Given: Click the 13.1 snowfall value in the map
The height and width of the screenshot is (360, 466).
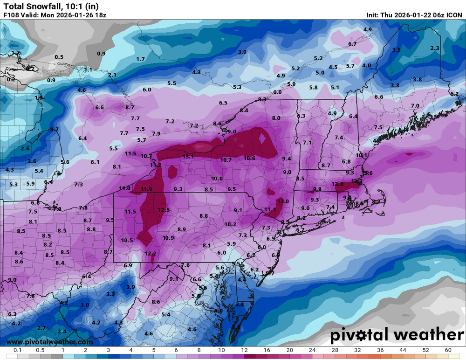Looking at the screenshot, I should click(188, 157).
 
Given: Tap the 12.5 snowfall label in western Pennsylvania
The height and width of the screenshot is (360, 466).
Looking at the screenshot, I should click(164, 210).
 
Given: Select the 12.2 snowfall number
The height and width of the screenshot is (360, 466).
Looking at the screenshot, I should click(150, 253).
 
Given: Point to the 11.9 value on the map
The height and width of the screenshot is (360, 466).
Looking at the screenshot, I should click(146, 189).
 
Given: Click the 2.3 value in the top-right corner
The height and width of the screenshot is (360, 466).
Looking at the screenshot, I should click(435, 48).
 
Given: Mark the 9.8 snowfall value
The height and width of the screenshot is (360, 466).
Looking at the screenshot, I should click(317, 189).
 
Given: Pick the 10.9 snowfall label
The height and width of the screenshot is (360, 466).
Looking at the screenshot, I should click(168, 237).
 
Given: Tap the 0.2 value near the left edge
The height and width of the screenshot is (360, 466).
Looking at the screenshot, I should click(11, 79).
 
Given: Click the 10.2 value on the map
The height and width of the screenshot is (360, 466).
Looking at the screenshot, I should click(230, 224).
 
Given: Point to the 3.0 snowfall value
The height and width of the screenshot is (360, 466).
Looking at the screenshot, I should click(85, 305).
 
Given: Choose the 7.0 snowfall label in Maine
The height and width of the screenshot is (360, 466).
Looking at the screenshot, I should click(415, 106).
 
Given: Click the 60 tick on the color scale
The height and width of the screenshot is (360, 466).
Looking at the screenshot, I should click(448, 350).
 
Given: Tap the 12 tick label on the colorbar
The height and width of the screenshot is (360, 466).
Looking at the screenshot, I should click(245, 350).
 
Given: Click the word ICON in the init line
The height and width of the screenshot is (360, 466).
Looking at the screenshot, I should click(454, 15).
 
